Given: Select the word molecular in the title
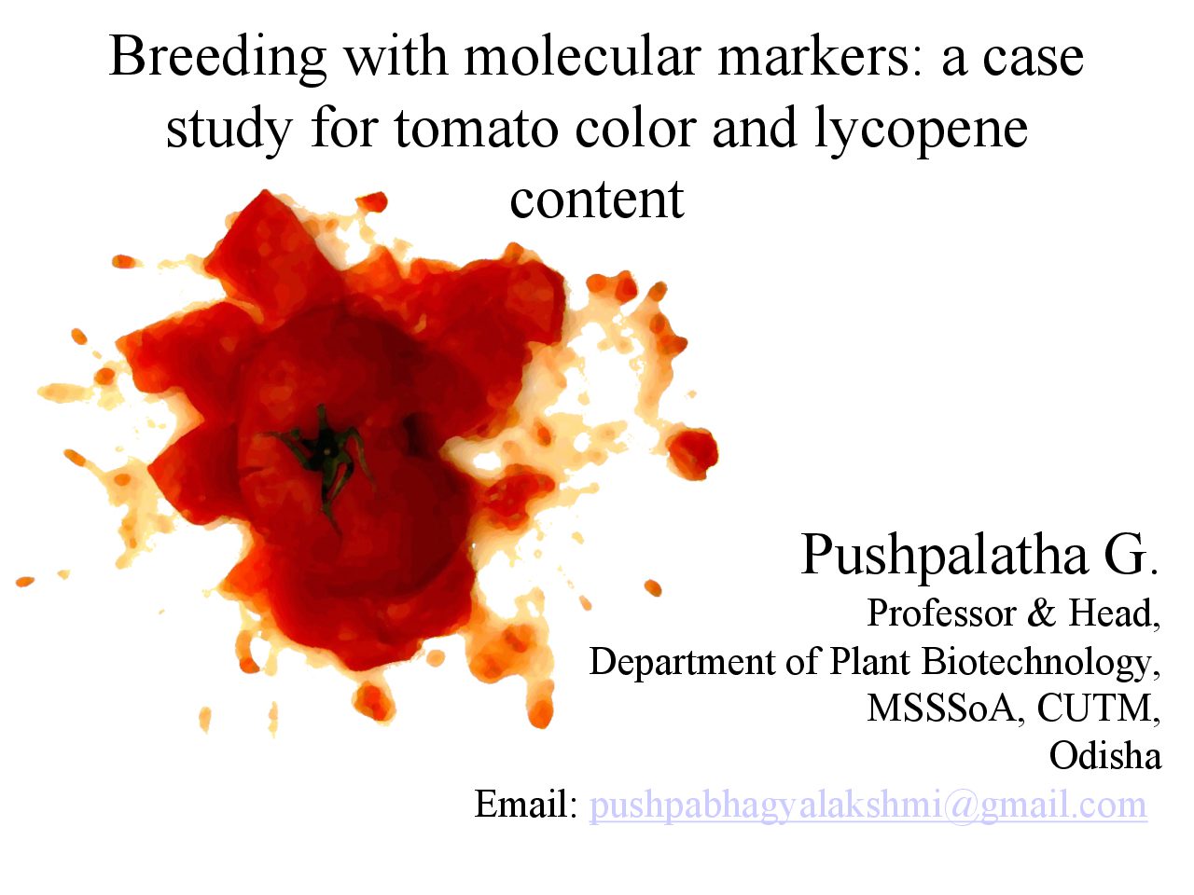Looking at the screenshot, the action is pyautogui.click(x=580, y=56).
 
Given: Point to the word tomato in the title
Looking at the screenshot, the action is pyautogui.click(x=476, y=129).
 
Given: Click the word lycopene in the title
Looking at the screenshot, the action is pyautogui.click(x=921, y=131).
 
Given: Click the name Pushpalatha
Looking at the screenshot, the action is pyautogui.click(x=944, y=556).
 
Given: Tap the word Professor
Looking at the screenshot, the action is pyautogui.click(x=941, y=613).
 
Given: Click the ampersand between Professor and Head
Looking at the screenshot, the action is pyautogui.click(x=1042, y=613).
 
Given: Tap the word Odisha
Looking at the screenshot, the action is pyautogui.click(x=1104, y=756).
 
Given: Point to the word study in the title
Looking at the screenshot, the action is pyautogui.click(x=229, y=131).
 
